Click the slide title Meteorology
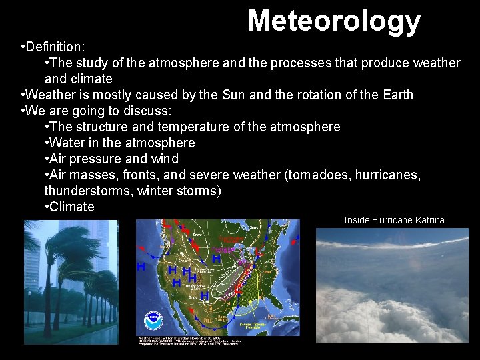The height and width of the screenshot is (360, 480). click(334, 21)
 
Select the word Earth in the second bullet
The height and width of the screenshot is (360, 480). click(398, 95)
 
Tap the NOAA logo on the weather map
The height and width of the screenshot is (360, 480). click(153, 320)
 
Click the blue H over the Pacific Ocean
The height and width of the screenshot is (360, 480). click(141, 267)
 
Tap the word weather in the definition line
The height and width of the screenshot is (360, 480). click(436, 63)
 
